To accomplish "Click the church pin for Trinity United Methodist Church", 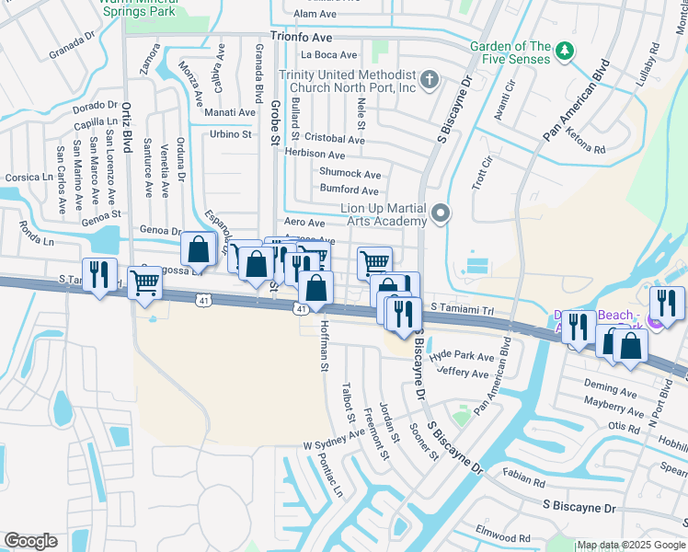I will coord(429,81).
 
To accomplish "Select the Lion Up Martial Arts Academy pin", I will coord(441,214).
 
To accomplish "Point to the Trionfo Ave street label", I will coord(301,39).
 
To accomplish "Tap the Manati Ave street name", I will coord(229,112).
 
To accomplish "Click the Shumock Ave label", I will coord(350,173).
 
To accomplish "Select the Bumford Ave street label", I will coord(349,190).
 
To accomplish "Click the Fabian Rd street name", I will coord(525,477).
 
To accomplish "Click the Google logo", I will coord(30,541).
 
